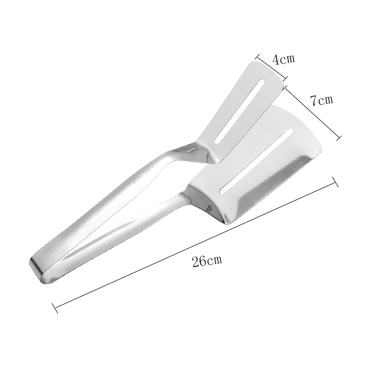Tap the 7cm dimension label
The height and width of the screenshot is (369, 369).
(x=321, y=100)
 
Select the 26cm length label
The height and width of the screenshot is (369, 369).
(x=208, y=261)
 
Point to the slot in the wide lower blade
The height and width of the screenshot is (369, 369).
(x=256, y=160)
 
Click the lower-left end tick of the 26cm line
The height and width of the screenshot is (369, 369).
(x=55, y=306)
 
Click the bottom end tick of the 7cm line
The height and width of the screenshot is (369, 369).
(x=340, y=137)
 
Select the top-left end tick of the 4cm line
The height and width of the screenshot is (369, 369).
(x=257, y=54)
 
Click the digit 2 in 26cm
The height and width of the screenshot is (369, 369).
(x=196, y=261)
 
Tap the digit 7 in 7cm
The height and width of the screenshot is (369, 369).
(x=313, y=100)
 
